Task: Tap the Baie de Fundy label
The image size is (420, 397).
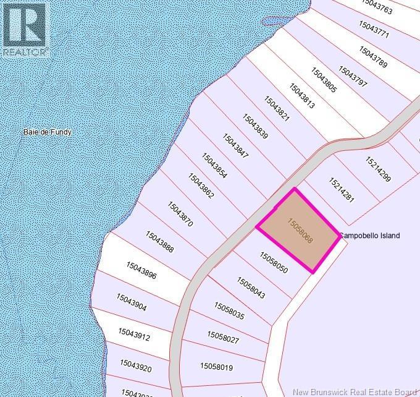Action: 47,132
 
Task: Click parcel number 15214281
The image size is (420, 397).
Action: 341,190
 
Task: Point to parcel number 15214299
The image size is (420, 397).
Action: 377,169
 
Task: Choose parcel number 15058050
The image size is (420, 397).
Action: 274,262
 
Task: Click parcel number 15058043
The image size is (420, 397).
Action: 251,288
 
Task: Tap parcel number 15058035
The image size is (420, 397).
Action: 229,310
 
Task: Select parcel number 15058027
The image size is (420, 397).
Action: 223,337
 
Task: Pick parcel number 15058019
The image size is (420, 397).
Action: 216,367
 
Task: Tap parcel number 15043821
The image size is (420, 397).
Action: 277,109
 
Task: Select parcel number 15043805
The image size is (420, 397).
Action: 324,80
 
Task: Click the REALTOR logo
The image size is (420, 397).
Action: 25,30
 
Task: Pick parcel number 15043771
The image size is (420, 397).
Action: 374,30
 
